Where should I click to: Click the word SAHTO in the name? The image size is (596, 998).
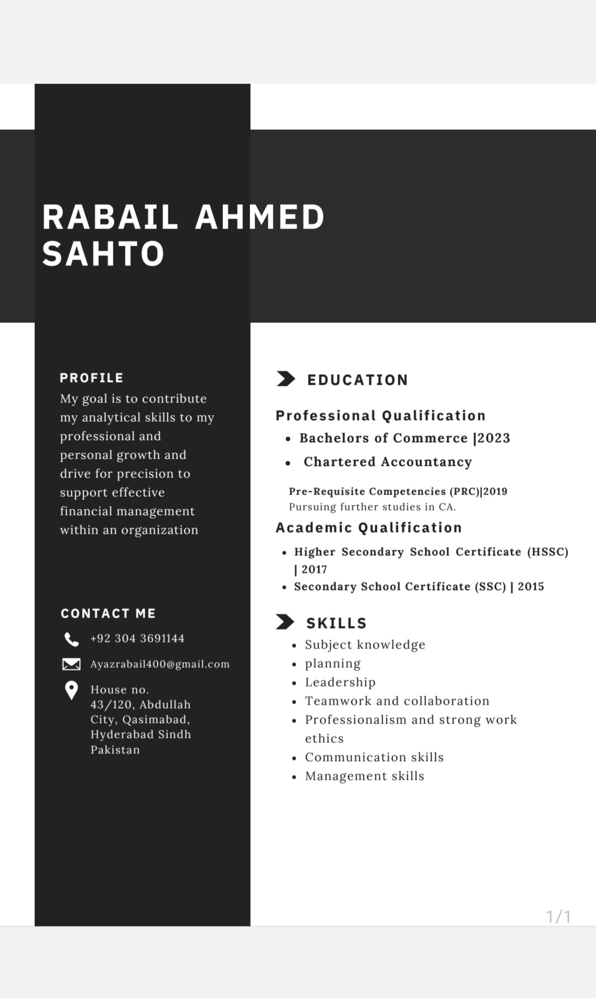click(x=104, y=254)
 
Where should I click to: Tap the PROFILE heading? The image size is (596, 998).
click(x=92, y=378)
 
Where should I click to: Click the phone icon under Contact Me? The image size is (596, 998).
click(x=71, y=639)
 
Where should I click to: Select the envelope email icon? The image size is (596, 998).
click(x=71, y=664)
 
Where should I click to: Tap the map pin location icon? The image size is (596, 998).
click(x=71, y=690)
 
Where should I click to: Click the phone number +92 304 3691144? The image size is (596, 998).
click(x=137, y=638)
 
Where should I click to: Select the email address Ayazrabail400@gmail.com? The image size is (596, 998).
click(x=160, y=664)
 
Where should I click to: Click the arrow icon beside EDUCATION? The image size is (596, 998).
click(x=285, y=379)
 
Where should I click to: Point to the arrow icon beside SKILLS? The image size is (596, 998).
click(x=285, y=622)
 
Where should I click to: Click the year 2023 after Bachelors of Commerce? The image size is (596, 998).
click(x=494, y=438)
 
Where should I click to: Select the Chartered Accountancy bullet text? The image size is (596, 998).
click(x=387, y=462)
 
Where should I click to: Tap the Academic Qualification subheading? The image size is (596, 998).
click(x=369, y=527)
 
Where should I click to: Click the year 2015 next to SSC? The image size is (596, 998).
click(x=531, y=586)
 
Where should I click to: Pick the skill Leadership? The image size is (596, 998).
click(x=340, y=682)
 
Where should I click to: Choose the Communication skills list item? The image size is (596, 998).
click(x=374, y=757)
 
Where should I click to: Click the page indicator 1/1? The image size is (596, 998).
click(x=558, y=916)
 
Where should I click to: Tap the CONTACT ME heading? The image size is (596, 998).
click(x=108, y=613)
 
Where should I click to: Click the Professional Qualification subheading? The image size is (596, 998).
click(x=381, y=415)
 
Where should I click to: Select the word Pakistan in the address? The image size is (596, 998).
click(x=115, y=750)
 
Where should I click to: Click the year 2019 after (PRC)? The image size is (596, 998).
click(x=496, y=492)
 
